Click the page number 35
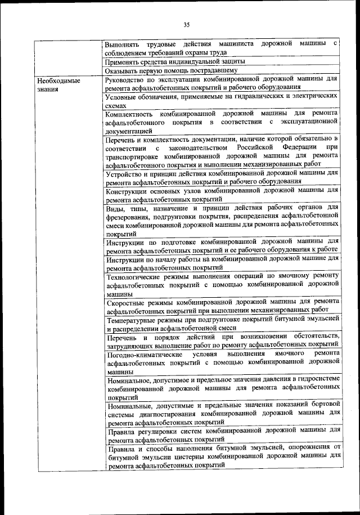(x=187, y=24)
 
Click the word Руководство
(x=127, y=80)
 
